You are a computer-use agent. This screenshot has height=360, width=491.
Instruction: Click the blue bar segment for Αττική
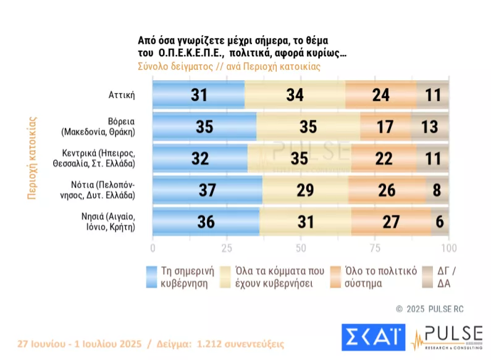(x=198, y=94)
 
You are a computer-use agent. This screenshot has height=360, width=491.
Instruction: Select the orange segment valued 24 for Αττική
(x=380, y=94)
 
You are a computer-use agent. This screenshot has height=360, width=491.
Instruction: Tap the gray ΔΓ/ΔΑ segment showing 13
(x=430, y=127)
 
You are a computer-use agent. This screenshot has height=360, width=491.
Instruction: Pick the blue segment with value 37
(x=207, y=190)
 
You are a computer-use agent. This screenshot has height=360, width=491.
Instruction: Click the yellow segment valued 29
(x=305, y=190)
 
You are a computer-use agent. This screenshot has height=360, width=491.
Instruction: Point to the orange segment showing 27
(x=390, y=222)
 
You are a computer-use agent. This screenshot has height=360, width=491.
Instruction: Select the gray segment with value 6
(x=440, y=222)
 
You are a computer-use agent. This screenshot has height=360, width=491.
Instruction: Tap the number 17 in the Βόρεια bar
(x=385, y=127)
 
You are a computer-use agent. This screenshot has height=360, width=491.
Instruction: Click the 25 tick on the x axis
(x=227, y=248)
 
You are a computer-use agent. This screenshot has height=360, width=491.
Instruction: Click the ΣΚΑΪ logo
(x=374, y=337)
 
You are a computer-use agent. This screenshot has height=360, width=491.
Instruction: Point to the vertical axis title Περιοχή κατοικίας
(x=31, y=157)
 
